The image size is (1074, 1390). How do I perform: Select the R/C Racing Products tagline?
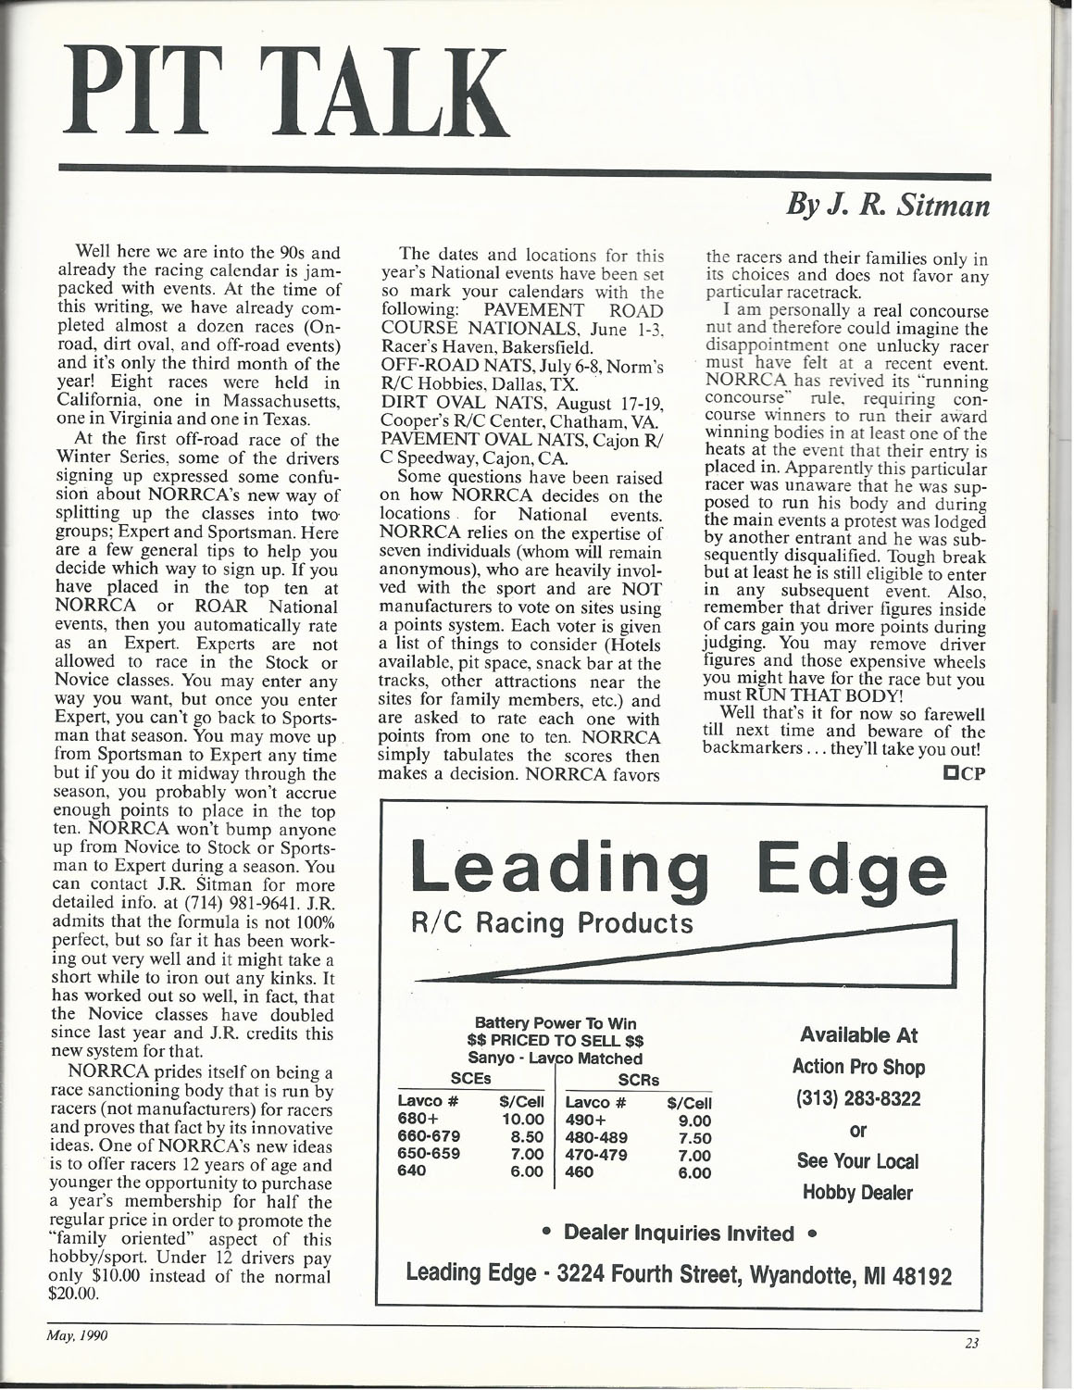[556, 923]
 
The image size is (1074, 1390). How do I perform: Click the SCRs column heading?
[638, 1080]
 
